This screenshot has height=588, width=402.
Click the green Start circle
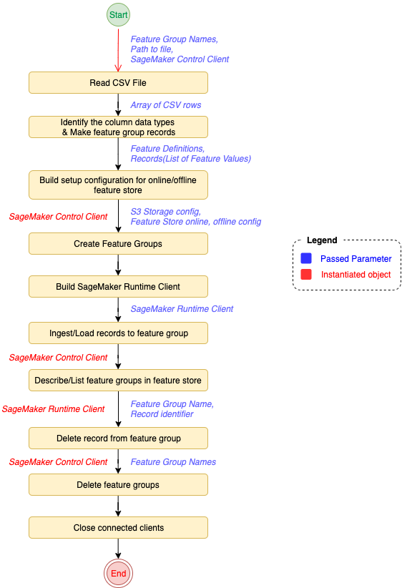pos(118,14)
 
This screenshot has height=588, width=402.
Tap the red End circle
pos(118,573)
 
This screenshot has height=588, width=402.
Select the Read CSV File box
pos(118,83)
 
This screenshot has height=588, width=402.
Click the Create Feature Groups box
pos(118,244)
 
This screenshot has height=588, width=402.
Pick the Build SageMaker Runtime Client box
pos(118,287)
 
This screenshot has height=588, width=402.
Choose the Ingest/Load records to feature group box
pos(118,333)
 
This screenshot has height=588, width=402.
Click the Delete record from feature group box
pos(118,438)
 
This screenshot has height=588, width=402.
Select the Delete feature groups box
pos(118,484)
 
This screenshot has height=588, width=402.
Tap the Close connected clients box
pos(118,528)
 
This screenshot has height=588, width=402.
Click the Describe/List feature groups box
pos(118,381)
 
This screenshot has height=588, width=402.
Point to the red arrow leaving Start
pos(118,50)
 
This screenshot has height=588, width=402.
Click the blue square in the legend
pos(306,258)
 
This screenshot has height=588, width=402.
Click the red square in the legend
pos(306,274)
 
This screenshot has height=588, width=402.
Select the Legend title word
pos(322,240)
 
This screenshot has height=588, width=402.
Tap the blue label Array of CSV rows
pos(166,105)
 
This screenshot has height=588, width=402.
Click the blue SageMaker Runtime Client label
pos(182,308)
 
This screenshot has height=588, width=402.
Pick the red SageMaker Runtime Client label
pos(53,408)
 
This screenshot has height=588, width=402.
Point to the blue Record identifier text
pos(162,414)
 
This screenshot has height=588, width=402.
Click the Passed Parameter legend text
pos(356,259)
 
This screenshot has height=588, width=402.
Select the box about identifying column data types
pos(118,127)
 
